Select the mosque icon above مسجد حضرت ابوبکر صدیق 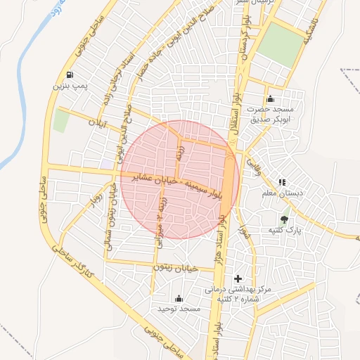click(270, 98)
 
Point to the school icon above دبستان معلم click(283, 182)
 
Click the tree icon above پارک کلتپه click(285, 219)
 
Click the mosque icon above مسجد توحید click(179, 298)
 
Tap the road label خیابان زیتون click(176, 268)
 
